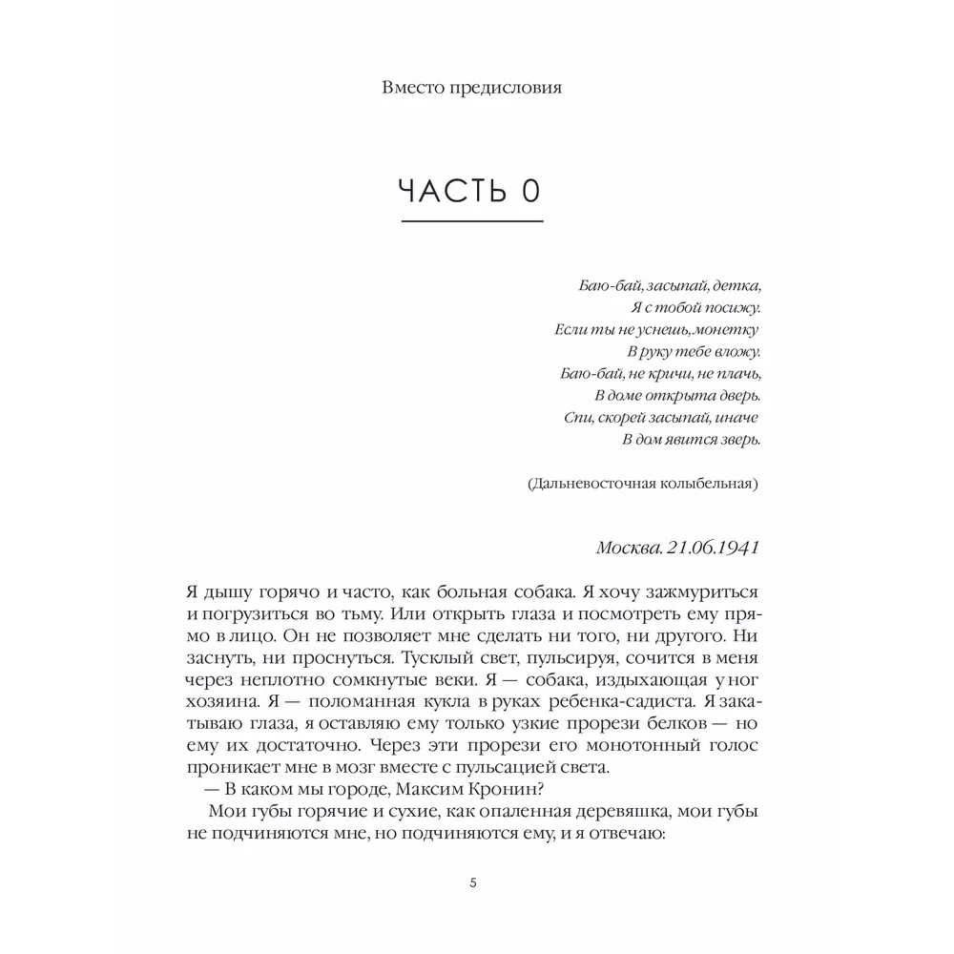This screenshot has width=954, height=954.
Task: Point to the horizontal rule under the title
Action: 472,222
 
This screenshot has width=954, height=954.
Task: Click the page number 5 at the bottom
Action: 473,882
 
